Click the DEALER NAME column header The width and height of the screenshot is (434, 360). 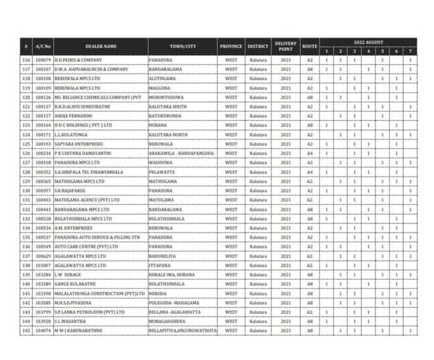click(x=101, y=47)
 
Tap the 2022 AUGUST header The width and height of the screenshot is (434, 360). click(x=368, y=42)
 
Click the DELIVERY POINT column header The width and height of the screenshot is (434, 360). click(x=285, y=47)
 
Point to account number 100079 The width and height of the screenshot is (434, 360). click(x=43, y=60)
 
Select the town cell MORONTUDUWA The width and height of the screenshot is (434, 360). click(x=166, y=97)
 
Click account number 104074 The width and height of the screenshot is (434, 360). click(x=43, y=330)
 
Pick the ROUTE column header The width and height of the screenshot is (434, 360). click(x=310, y=47)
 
